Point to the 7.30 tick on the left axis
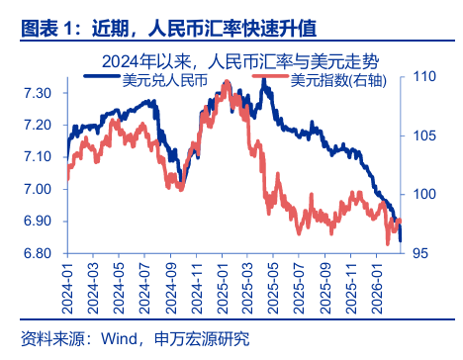(41, 93)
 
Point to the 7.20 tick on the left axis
(41, 126)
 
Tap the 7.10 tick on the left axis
(41, 157)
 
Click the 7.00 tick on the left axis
(41, 190)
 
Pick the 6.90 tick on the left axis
(41, 222)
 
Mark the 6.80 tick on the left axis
(41, 254)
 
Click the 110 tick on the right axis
(423, 76)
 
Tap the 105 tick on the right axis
(423, 135)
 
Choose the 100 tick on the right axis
(423, 194)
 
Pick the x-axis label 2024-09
(174, 287)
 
